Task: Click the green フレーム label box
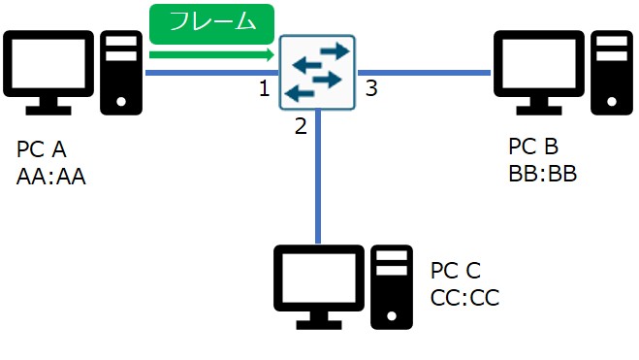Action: pyautogui.click(x=211, y=21)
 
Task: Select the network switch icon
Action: pyautogui.click(x=317, y=72)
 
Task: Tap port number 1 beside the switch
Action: pyautogui.click(x=264, y=90)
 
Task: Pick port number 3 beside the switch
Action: pyautogui.click(x=371, y=90)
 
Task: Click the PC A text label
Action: pyautogui.click(x=42, y=151)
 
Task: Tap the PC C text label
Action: pyautogui.click(x=455, y=271)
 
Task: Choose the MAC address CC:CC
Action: pyautogui.click(x=464, y=297)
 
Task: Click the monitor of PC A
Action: pyautogui.click(x=49, y=68)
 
